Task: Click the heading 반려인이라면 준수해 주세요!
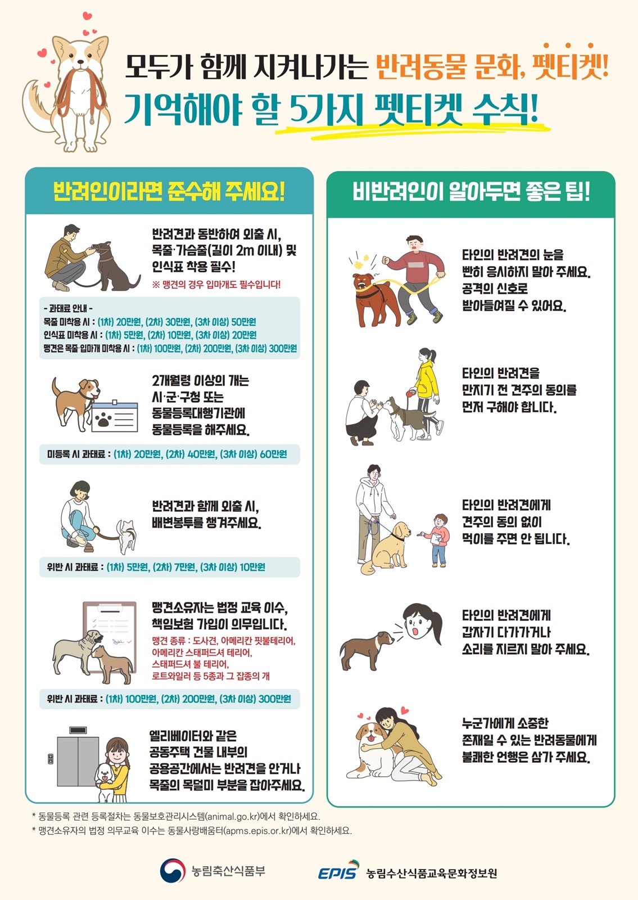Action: [x=169, y=192]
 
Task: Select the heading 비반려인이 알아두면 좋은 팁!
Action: [x=471, y=192]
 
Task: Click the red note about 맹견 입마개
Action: [x=216, y=285]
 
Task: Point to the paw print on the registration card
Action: [x=104, y=419]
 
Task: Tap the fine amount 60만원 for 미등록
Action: [x=273, y=454]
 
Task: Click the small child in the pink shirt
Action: [x=438, y=540]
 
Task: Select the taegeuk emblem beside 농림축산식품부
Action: [x=173, y=870]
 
